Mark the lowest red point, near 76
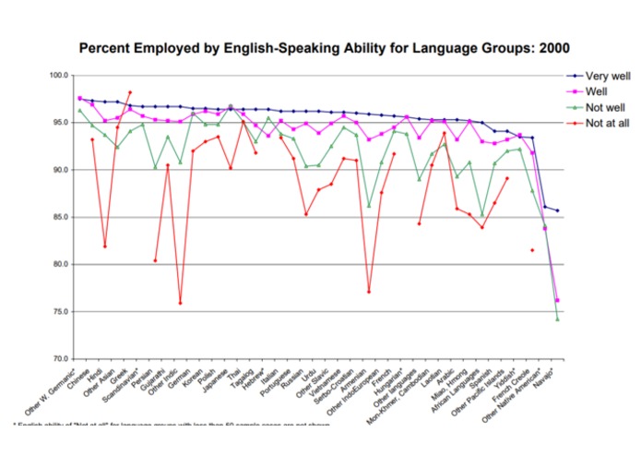180,303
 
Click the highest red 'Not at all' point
130,92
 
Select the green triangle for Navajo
558,318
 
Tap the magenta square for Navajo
558,300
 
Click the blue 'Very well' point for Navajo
558,210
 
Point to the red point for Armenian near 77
369,292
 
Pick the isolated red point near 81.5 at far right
532,250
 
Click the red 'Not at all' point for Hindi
105,246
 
